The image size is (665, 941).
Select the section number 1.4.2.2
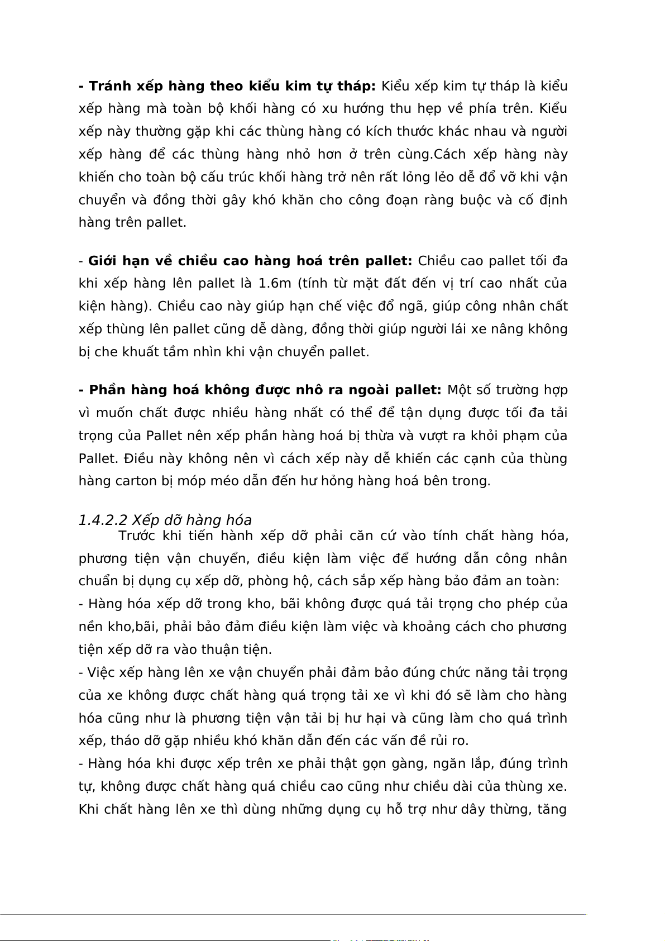tap(103, 520)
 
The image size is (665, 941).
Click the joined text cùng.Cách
tap(425, 155)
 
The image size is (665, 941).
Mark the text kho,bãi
tap(129, 627)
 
